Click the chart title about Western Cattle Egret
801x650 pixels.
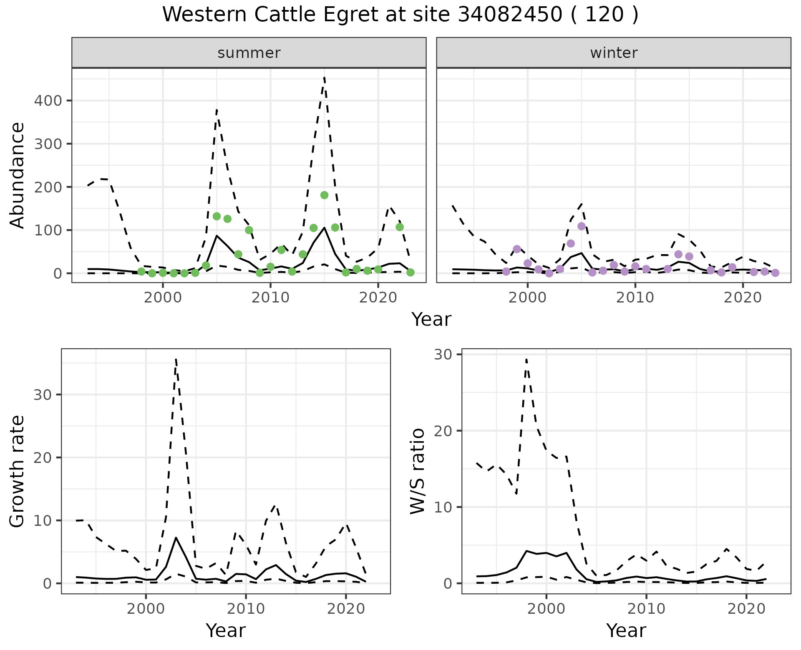pos(400,15)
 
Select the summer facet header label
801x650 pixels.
pos(249,53)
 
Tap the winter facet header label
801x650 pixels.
pos(614,53)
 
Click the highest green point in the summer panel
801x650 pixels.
pos(324,195)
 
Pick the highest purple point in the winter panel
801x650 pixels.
pos(582,226)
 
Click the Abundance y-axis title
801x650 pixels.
pos(18,175)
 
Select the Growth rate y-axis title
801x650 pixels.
pos(18,471)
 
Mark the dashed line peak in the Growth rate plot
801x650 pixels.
pos(176,358)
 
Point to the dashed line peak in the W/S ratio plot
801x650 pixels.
pos(526,359)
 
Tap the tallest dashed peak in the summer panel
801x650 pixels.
pos(324,77)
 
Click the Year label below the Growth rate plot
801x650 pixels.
pos(226,630)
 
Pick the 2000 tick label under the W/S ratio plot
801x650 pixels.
pos(546,609)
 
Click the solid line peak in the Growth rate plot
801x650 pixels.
pos(176,537)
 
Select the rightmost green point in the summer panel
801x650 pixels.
pos(410,272)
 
